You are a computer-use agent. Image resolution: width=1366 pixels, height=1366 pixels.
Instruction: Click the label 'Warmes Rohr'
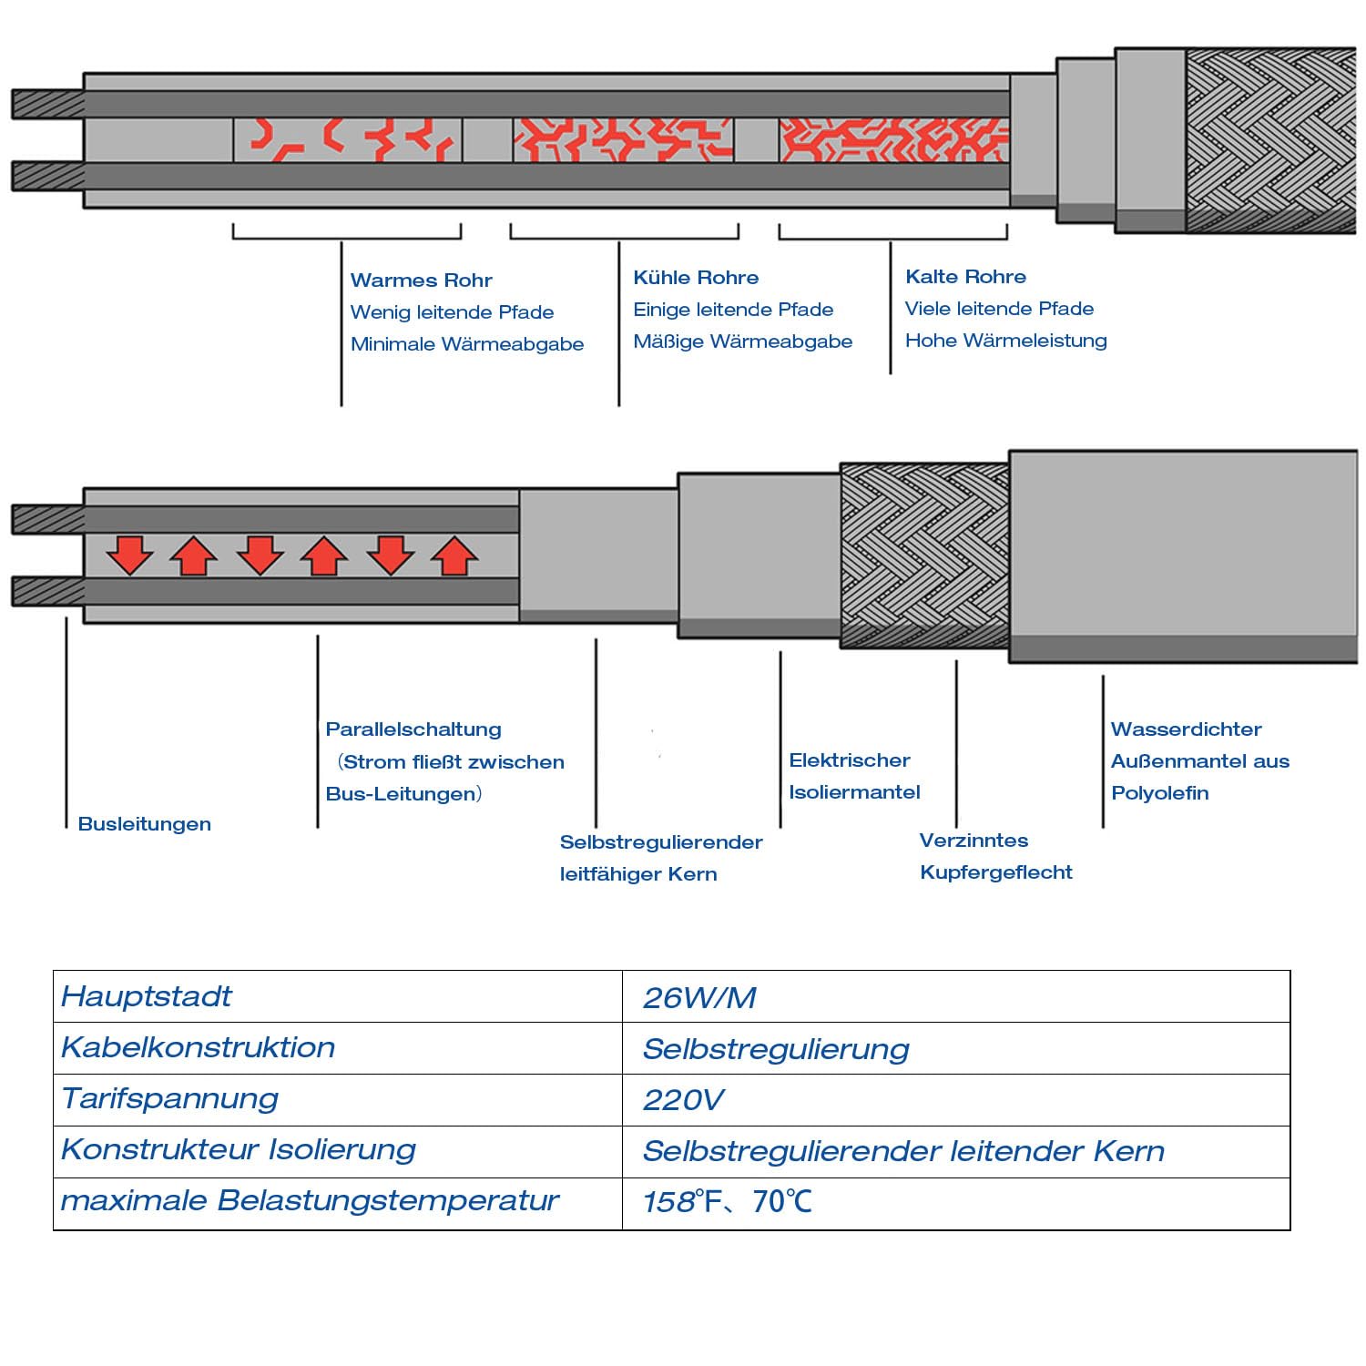pos(421,280)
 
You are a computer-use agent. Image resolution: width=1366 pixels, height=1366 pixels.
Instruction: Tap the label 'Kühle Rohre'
pos(696,278)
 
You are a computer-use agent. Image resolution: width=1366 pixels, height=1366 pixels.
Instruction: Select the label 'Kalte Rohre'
pos(965,277)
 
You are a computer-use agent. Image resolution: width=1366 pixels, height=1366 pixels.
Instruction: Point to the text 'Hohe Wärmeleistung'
pos(1005,341)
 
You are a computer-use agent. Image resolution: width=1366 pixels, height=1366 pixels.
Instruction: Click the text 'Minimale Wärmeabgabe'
pos(467,344)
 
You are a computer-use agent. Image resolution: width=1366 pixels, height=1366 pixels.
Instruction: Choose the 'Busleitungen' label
pos(145,824)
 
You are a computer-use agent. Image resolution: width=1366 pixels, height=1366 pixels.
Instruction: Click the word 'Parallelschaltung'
pos(413,729)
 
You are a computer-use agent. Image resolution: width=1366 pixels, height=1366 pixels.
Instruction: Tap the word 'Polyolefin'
pos(1160,793)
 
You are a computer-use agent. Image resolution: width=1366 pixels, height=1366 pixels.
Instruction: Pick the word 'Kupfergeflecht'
pos(996,872)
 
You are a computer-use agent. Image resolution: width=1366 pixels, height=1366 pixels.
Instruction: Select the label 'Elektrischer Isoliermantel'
pos(854,776)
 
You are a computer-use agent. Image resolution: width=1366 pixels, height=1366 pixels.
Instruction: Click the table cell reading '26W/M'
pos(699,998)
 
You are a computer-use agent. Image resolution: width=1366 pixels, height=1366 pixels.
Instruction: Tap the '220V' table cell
pos(683,1100)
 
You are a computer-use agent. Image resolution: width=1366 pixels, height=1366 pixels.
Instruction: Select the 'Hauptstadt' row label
pos(147,996)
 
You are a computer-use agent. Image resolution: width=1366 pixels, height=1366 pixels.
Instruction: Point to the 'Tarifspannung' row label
pos(169,1099)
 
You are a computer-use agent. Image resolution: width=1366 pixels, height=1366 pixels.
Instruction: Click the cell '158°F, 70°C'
pos(727,1202)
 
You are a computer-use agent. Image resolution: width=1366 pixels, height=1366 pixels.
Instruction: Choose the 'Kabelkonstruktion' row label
pos(198,1047)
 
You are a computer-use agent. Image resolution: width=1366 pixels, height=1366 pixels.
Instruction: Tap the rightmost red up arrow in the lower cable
pos(454,556)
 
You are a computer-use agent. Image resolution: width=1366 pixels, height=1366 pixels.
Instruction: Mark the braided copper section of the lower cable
pos(923,556)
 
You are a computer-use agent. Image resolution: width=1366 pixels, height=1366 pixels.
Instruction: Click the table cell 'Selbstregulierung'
pos(776,1049)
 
